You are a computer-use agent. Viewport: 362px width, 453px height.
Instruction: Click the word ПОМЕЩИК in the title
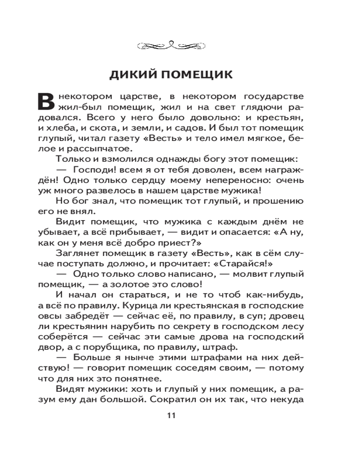[202, 75]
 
